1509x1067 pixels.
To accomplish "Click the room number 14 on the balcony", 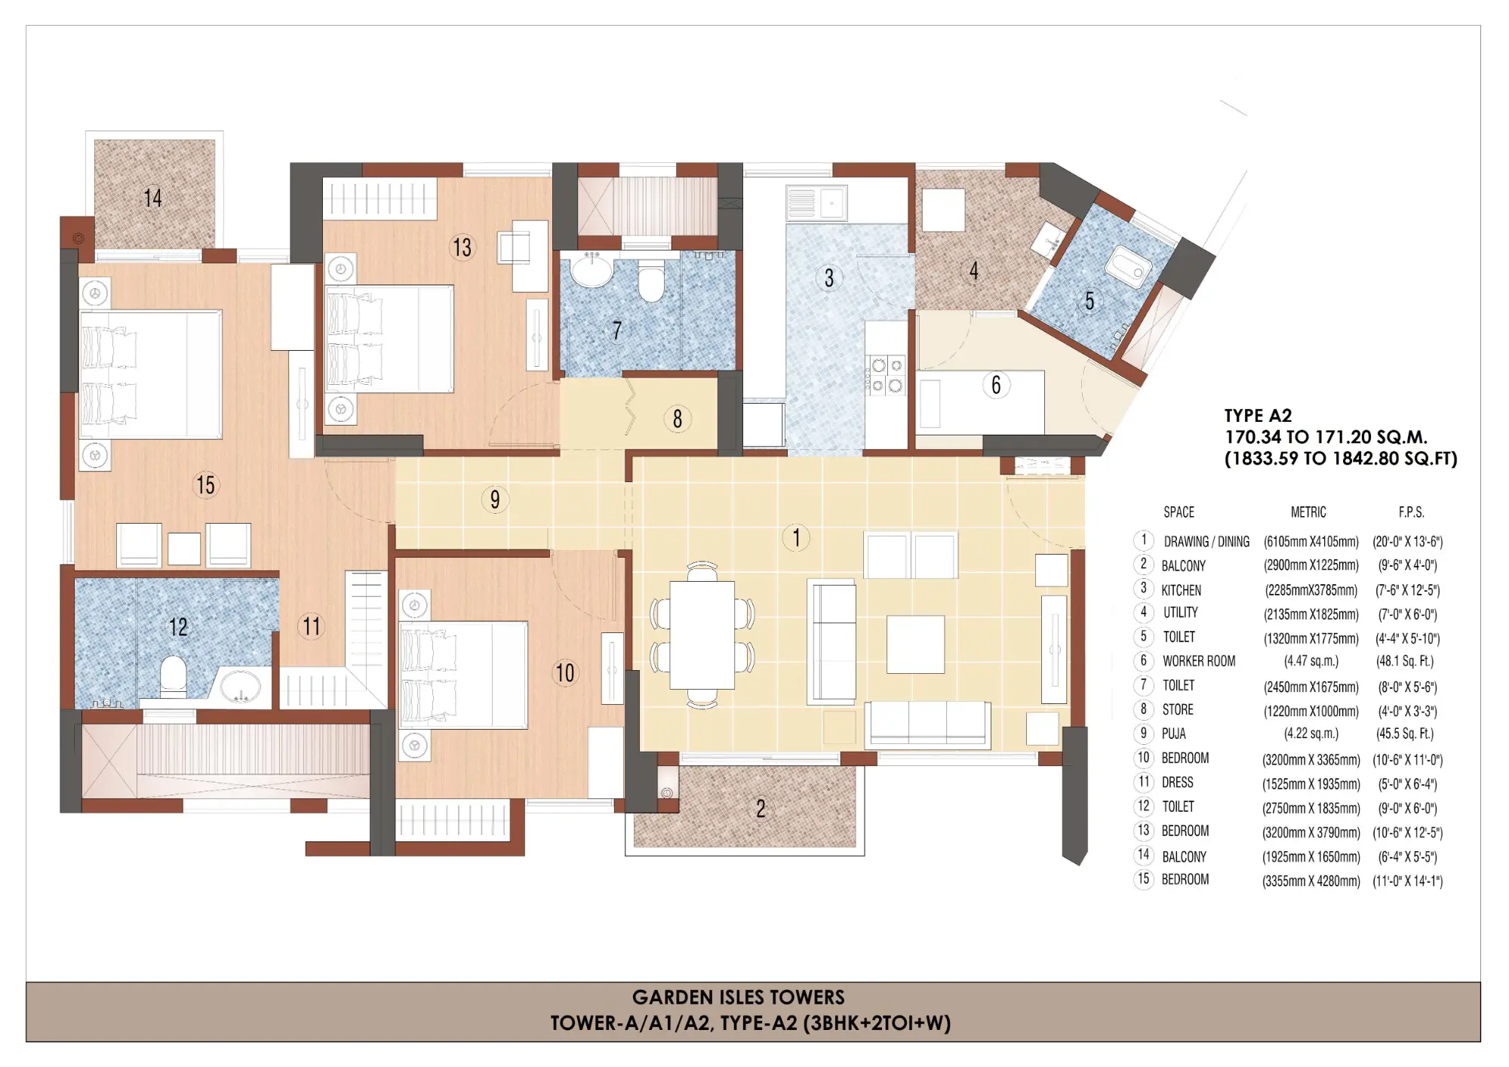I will click(153, 198).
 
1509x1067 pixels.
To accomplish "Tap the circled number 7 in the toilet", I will click(617, 331).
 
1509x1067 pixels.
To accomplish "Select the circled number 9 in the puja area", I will click(495, 500).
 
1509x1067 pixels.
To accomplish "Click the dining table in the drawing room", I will click(702, 635).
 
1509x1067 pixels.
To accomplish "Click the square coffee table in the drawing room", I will click(915, 644).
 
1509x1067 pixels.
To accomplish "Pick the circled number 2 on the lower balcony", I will click(761, 809).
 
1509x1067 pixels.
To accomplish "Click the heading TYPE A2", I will click(1258, 416).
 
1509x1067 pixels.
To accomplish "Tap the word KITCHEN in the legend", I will click(1181, 590).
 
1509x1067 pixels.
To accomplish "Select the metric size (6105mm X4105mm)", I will click(1311, 542).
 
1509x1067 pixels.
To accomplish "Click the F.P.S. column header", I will click(1411, 512).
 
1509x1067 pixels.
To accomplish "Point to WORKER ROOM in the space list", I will click(1198, 661).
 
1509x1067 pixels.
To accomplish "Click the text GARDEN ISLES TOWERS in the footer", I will click(738, 998).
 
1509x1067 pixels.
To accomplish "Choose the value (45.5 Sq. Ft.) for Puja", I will click(1404, 733).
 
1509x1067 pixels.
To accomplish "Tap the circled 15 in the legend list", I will click(1143, 879).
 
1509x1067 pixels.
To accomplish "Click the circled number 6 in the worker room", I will click(996, 385).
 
